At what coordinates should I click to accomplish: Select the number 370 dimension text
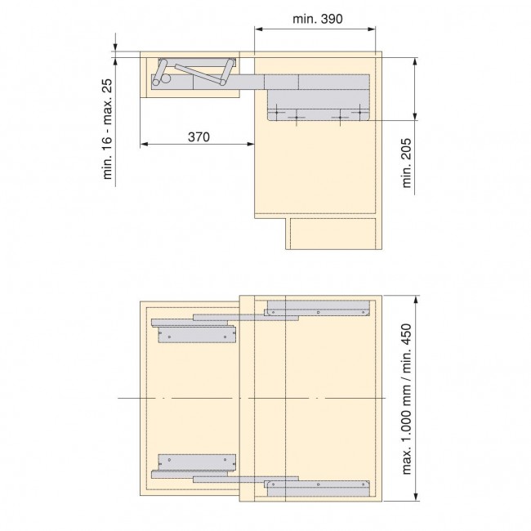[199, 137]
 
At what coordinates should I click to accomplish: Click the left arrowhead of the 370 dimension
[143, 145]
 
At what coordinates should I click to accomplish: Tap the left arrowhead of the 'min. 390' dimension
[258, 29]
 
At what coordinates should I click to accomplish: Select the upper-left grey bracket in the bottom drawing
[194, 335]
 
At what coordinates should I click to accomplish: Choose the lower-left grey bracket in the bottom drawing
[194, 462]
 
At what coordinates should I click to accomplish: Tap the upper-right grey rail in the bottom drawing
[317, 308]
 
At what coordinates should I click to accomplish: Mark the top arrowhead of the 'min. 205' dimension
[417, 61]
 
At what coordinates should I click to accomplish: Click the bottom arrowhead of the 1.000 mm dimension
[417, 497]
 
